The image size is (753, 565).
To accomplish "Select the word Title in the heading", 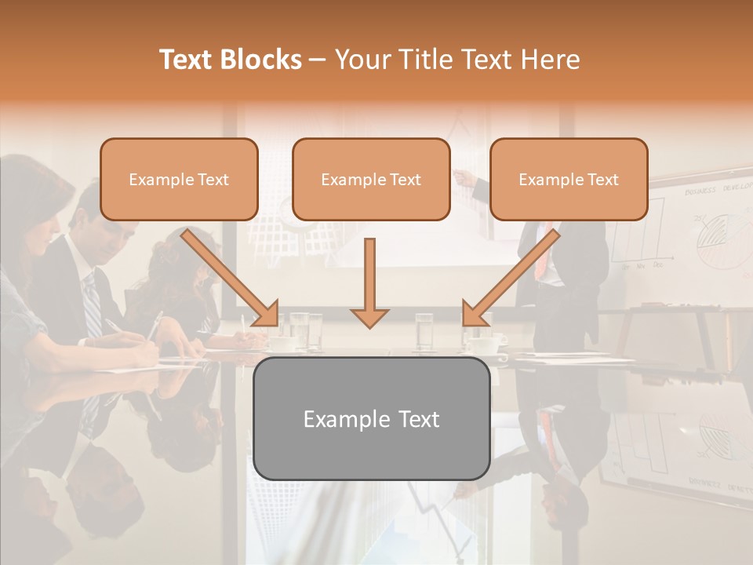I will click(427, 60).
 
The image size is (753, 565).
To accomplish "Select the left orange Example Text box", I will click(179, 179).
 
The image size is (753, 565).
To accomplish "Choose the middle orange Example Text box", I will click(371, 179).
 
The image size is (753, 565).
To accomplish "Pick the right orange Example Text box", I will click(569, 179).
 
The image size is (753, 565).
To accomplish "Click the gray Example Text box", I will click(371, 418).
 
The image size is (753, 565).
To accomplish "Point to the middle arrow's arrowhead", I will click(369, 316).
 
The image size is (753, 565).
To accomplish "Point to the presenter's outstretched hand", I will click(464, 179).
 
